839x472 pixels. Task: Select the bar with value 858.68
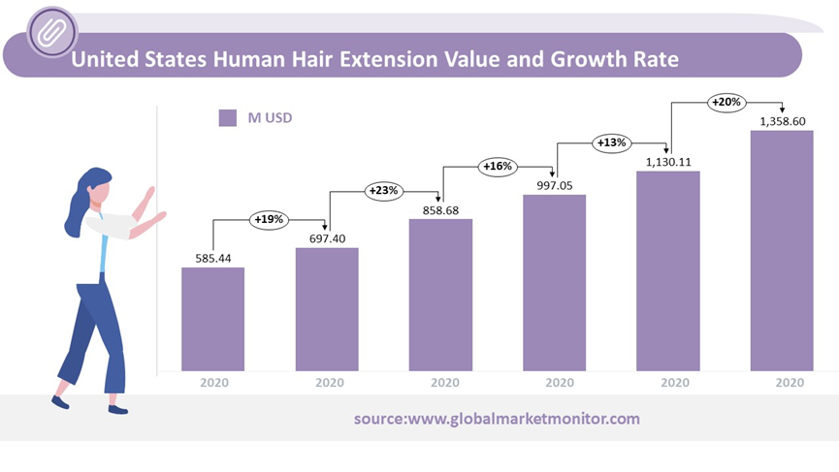440,296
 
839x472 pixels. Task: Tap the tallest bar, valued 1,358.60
782,251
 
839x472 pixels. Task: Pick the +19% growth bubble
269,220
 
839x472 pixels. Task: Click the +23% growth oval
384,191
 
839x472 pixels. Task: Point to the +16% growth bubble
497,167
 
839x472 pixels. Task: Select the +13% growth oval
611,143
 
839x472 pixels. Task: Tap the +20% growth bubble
726,102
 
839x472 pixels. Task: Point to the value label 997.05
554,184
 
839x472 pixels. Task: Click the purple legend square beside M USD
228,118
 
